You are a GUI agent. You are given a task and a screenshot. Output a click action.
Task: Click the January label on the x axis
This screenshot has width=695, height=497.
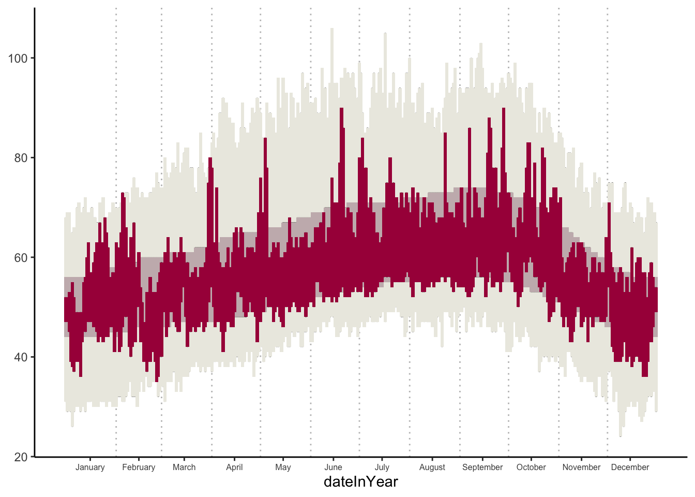90,467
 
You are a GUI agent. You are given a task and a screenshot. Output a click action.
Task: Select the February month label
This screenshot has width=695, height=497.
139,467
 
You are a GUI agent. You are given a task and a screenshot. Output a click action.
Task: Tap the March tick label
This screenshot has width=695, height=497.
184,467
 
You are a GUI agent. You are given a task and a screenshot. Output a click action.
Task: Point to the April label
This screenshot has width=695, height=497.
234,467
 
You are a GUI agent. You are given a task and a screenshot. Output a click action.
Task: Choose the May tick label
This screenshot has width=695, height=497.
283,467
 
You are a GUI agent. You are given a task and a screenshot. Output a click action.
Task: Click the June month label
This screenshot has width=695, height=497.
333,467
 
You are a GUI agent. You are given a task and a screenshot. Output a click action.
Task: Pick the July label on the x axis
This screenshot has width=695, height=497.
382,467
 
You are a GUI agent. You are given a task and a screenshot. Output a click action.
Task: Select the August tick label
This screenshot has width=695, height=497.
432,467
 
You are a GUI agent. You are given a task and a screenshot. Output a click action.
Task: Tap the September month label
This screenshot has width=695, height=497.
482,467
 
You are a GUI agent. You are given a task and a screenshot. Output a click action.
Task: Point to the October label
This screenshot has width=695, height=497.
531,467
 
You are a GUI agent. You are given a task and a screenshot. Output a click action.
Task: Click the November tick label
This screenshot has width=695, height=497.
581,467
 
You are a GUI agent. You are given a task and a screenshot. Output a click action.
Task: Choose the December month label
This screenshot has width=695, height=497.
630,467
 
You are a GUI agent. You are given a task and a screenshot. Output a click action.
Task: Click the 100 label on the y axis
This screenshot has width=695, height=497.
18,59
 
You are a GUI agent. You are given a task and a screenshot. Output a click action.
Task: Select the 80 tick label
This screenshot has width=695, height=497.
21,158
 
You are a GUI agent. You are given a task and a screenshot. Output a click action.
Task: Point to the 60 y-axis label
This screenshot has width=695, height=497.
21,258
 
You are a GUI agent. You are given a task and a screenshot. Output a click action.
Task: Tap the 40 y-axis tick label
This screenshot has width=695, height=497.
21,357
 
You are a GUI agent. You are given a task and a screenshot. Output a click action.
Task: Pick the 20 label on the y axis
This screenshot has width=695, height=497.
21,457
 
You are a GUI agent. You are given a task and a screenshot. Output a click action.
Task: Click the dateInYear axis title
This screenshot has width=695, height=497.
360,482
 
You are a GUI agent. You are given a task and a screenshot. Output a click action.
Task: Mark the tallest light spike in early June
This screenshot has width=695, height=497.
331,30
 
